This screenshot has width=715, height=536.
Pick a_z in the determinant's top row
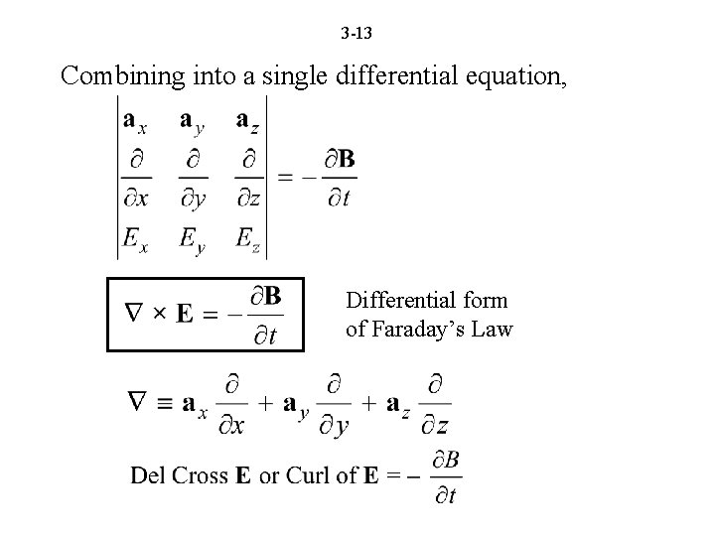(247, 122)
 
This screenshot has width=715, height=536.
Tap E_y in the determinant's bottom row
(193, 239)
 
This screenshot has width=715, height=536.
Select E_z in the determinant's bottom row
(247, 238)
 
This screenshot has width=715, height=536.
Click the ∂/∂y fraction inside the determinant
(193, 180)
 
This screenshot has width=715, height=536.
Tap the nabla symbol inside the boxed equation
(136, 315)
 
